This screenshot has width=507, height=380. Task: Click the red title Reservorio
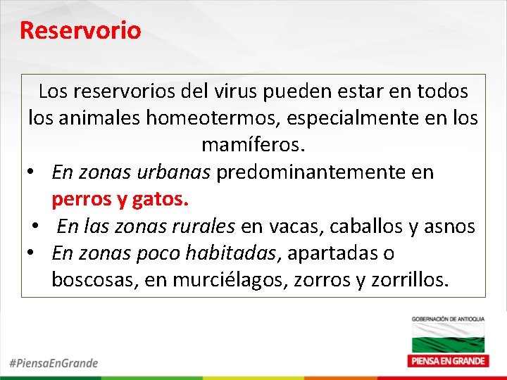tap(80, 30)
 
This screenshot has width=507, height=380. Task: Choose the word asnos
tap(450, 227)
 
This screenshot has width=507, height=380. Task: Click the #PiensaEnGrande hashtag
tap(54, 363)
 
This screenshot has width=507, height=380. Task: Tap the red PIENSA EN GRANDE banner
tap(448, 360)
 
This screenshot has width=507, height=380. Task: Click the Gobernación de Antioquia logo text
tap(448, 320)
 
